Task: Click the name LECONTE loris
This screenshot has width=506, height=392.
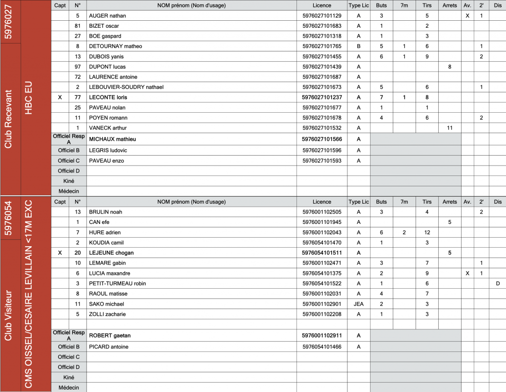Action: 108,97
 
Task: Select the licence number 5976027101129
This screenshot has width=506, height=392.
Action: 322,16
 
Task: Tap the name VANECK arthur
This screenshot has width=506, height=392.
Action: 107,128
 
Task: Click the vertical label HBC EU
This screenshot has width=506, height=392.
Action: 28,98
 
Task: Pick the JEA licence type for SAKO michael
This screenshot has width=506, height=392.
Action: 359,304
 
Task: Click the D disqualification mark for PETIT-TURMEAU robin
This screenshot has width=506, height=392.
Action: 498,283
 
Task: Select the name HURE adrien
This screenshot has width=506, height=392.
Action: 105,232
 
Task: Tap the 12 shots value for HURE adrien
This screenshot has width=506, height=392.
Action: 427,232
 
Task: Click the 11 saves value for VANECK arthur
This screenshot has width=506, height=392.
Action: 450,128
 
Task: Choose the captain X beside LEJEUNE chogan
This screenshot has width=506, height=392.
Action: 60,253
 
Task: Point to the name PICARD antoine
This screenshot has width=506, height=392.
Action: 108,347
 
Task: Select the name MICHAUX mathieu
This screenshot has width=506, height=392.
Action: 112,139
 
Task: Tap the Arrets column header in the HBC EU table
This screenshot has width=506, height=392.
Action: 450,5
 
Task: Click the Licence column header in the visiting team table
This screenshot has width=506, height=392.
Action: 322,202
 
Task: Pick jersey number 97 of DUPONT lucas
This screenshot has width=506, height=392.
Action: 78,67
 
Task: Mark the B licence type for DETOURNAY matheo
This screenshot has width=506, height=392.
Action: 359,46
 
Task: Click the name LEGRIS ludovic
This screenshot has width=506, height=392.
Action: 108,150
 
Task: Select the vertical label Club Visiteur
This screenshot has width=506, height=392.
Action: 8,315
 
